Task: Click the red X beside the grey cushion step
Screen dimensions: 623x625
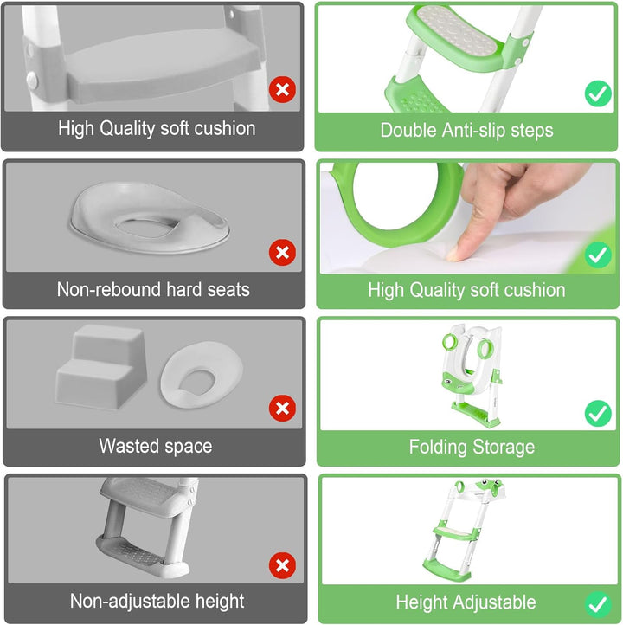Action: click(282, 90)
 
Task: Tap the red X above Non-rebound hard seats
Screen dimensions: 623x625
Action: click(282, 252)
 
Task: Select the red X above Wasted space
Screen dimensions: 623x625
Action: click(282, 409)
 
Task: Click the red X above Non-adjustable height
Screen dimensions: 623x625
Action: click(282, 565)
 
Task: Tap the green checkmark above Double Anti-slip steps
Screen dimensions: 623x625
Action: click(598, 93)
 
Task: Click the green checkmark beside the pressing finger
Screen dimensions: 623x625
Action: click(598, 255)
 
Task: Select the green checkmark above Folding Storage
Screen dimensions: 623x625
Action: click(598, 413)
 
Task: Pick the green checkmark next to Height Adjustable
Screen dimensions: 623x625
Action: click(598, 605)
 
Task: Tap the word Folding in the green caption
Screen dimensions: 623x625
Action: click(438, 448)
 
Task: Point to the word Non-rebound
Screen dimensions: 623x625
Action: click(109, 289)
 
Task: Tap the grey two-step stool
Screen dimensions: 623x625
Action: click(101, 367)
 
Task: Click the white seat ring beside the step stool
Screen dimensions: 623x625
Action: click(202, 375)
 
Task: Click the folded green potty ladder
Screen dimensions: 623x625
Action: click(472, 376)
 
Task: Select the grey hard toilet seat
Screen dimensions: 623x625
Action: click(150, 217)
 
